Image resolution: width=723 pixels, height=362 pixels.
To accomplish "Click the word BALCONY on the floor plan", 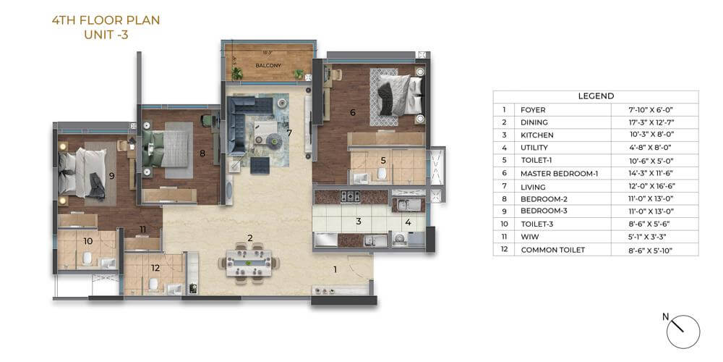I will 268,65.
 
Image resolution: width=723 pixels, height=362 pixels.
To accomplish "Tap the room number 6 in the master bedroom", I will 352,112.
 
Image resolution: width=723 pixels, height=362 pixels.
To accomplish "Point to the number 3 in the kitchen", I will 358,222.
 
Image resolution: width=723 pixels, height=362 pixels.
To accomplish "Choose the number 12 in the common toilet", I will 155,268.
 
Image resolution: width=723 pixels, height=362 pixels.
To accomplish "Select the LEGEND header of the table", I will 596,96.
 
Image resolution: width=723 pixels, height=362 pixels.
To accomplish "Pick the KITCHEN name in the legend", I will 537,135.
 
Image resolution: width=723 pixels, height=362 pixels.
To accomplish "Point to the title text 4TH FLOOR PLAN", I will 106,21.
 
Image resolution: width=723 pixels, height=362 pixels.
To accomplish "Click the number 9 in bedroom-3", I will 112,175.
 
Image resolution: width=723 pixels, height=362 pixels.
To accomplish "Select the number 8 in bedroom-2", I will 202,153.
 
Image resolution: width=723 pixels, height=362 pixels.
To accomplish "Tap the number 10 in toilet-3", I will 87,240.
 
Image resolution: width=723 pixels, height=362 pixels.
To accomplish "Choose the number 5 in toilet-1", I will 384,161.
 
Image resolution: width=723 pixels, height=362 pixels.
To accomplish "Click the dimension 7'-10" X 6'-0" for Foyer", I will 654,110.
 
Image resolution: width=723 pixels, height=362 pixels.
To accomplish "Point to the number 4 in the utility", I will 408,222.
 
